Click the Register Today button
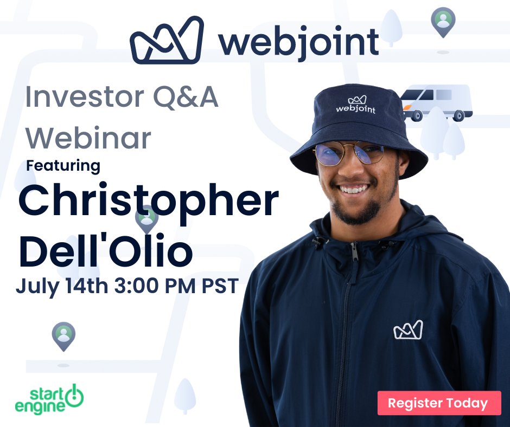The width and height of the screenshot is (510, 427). point(439,403)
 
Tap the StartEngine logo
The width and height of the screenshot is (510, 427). point(49,398)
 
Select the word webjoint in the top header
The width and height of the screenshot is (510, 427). point(298,41)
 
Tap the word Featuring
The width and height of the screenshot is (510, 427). point(63,165)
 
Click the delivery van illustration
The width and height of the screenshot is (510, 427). point(436,102)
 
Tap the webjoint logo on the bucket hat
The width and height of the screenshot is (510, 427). point(355,105)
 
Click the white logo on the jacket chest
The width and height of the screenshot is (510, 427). point(407,330)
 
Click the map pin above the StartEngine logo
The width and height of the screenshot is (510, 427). point(63,335)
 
